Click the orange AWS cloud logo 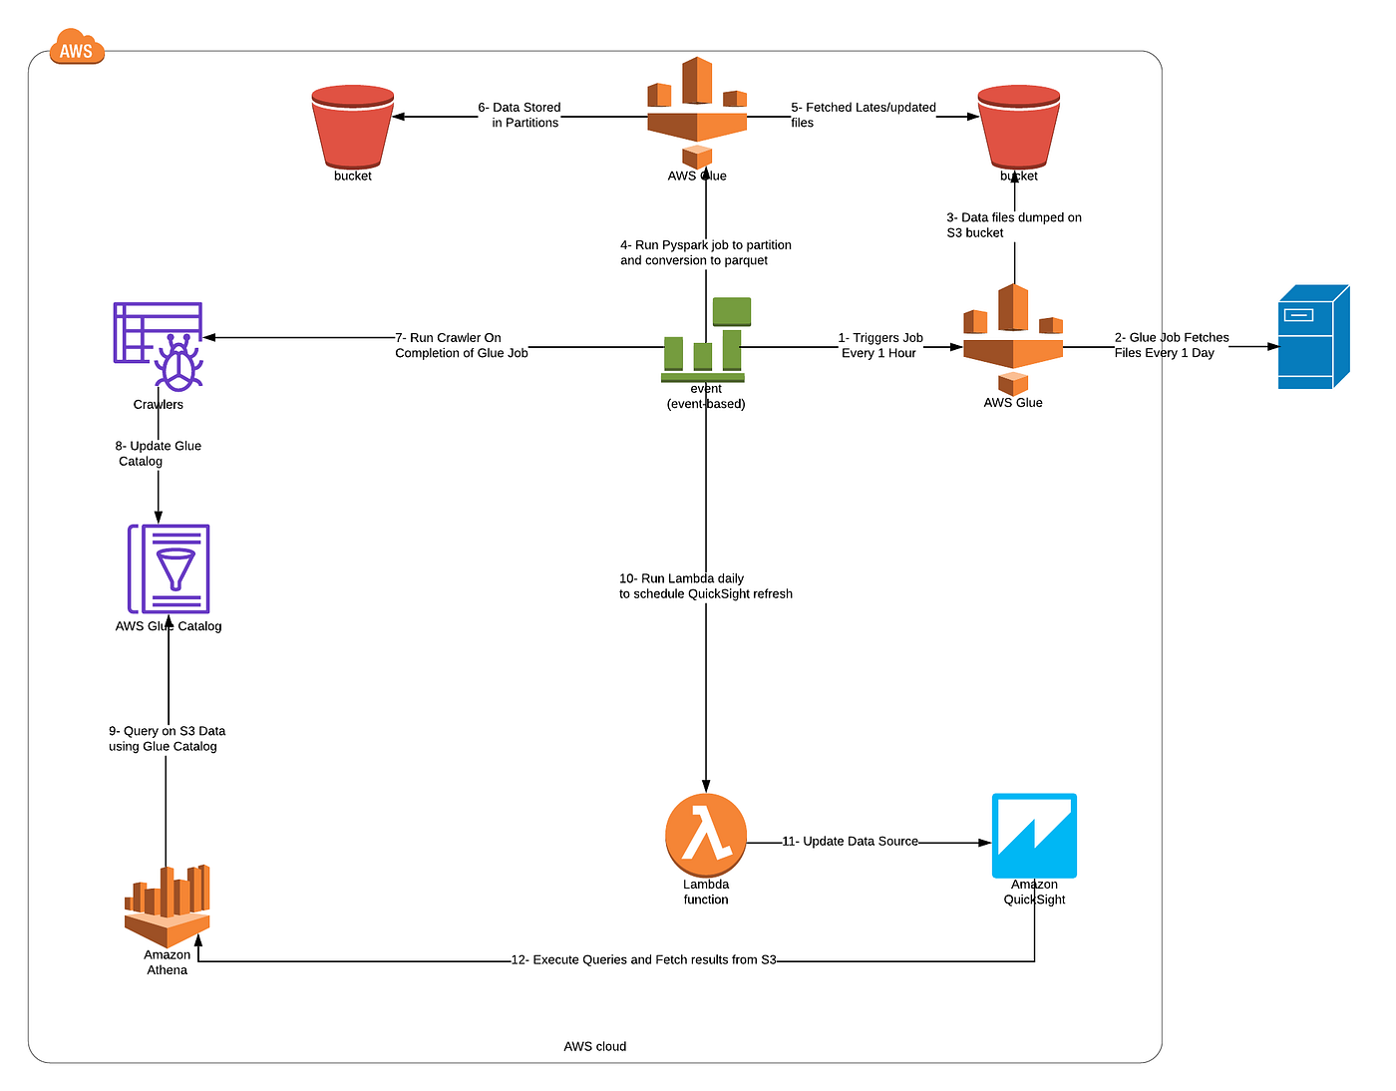point(77,48)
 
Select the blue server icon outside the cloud point(1313,337)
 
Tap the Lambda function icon point(706,835)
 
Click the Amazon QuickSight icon point(1034,836)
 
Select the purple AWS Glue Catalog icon point(169,568)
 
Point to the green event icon point(706,340)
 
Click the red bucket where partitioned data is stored point(353,127)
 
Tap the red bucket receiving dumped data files point(1018,127)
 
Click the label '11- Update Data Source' point(850,842)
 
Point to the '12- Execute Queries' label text point(643,960)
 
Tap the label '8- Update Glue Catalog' point(158,454)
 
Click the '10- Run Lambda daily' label point(705,586)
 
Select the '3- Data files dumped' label point(1013,225)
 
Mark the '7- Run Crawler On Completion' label point(461,345)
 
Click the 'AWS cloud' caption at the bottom point(595,1046)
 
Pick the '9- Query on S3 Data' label point(167,739)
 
